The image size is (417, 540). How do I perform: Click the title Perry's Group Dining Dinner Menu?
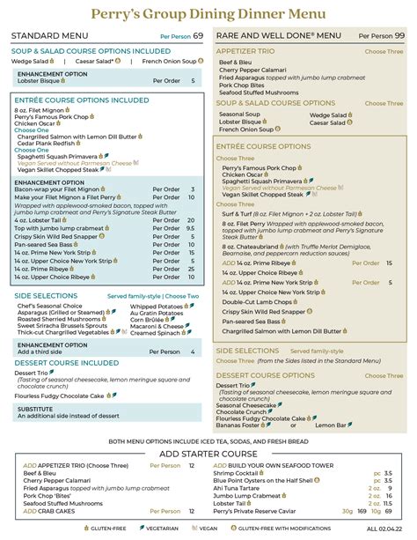(208, 14)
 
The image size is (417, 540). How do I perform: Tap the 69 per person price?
(198, 35)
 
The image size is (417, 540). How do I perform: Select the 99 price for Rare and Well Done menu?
(399, 35)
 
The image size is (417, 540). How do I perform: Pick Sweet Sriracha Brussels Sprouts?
(55, 326)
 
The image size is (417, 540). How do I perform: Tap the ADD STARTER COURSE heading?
(208, 454)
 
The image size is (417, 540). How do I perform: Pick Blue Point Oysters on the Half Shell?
(274, 480)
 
